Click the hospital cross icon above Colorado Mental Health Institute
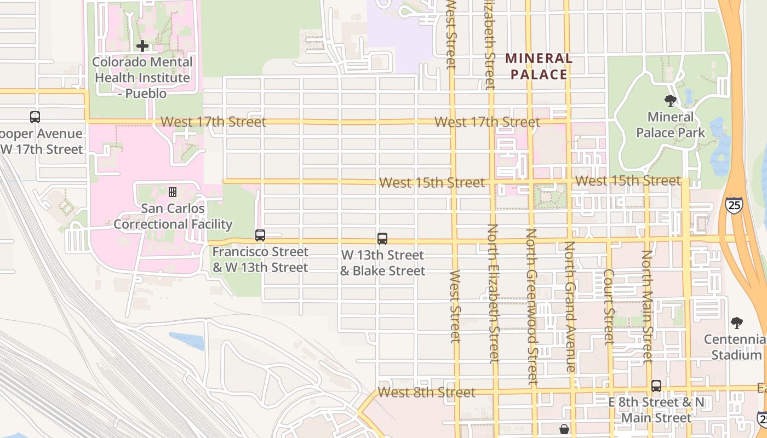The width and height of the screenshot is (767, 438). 142,46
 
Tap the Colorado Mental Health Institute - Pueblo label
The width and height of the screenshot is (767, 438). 142,78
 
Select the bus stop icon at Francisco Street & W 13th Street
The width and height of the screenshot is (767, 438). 260,235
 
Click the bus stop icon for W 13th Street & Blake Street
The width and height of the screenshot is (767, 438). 382,239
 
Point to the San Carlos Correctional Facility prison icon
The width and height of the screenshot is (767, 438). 173,192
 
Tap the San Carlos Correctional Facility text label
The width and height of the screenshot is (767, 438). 173,216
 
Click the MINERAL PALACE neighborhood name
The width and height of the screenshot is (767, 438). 539,66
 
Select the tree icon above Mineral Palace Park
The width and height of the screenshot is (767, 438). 670,101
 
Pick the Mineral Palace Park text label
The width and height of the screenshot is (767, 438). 670,125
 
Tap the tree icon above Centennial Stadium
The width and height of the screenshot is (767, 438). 737,323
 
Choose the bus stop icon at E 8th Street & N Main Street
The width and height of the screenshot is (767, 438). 656,385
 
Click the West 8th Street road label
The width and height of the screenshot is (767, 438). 426,393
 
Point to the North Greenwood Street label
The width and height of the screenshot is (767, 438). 532,307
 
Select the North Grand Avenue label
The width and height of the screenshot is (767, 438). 570,307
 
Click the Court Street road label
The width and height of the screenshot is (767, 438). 609,307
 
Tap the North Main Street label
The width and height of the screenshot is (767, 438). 647,307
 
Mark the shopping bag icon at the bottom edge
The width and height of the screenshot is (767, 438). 564,430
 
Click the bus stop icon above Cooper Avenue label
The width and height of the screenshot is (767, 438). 35,117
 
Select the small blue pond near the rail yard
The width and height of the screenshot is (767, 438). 187,340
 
